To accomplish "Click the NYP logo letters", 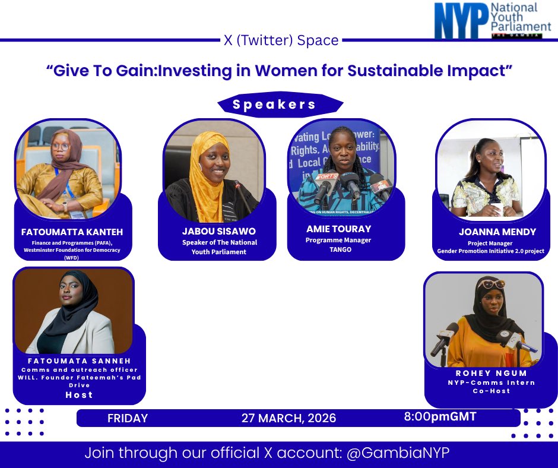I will tap(460, 21).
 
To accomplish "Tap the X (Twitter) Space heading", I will tap(281, 40).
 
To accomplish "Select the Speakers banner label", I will tap(274, 105).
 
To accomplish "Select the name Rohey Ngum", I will tap(483, 374).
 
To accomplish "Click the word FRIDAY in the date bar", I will tap(128, 418).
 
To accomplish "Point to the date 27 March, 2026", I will tap(288, 418).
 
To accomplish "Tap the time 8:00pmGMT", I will tap(440, 417).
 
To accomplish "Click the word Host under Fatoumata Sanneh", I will tap(79, 394).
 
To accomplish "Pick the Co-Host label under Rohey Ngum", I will tap(483, 391).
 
